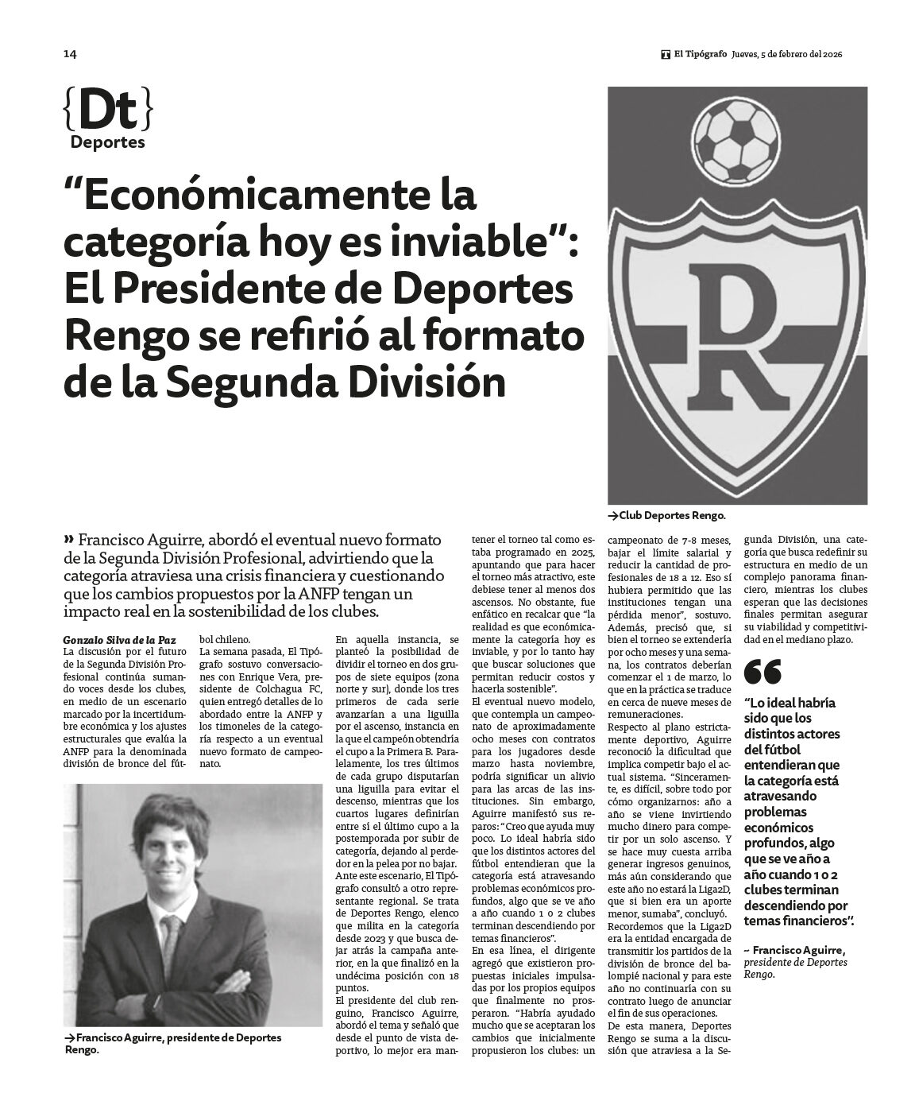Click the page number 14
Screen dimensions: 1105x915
pyautogui.click(x=70, y=54)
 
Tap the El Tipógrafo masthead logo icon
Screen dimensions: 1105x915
pyautogui.click(x=665, y=55)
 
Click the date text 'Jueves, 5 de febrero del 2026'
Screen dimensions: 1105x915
pyautogui.click(x=786, y=55)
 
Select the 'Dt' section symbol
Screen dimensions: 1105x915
pyautogui.click(x=106, y=111)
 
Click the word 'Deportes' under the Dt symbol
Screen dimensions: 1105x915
pyautogui.click(x=107, y=143)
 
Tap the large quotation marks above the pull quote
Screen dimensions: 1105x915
pyautogui.click(x=762, y=673)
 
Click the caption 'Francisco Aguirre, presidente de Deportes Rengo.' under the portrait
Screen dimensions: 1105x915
pyautogui.click(x=173, y=1043)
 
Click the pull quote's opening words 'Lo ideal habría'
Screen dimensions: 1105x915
pyautogui.click(x=790, y=704)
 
